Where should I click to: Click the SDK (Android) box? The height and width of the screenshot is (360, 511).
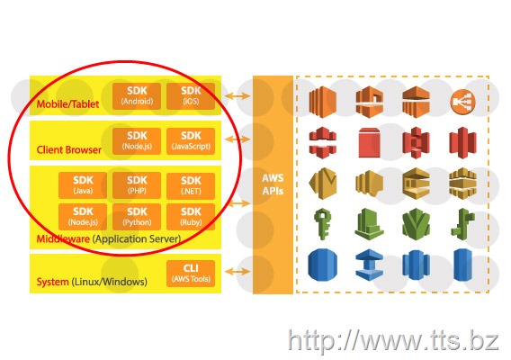click(137, 96)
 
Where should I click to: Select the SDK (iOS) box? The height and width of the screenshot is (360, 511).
click(191, 96)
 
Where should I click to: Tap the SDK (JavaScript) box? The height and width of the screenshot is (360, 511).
click(191, 141)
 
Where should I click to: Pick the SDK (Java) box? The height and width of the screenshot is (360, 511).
click(83, 185)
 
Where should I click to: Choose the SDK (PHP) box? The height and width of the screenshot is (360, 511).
click(137, 185)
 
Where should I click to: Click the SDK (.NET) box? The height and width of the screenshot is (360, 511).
click(191, 185)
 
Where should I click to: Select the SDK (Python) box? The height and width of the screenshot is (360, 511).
click(137, 217)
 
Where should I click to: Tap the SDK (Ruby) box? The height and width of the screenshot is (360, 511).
click(191, 217)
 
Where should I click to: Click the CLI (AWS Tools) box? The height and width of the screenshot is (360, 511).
click(191, 274)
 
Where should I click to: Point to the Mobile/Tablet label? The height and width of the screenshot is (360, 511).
click(67, 104)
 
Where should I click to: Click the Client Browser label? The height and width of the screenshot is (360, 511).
click(68, 149)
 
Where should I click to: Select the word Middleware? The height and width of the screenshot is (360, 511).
click(63, 238)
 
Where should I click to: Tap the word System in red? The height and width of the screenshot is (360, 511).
click(52, 282)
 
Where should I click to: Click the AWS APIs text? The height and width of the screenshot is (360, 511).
click(273, 184)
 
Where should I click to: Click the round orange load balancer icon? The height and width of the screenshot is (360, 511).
click(462, 102)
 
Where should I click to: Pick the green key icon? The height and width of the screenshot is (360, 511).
click(322, 224)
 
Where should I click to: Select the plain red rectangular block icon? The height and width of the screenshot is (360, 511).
click(369, 142)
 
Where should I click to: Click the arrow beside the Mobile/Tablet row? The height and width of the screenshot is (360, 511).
click(238, 96)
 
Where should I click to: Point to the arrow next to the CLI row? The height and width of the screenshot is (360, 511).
click(238, 271)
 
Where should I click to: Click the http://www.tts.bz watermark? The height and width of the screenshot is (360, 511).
click(393, 341)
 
